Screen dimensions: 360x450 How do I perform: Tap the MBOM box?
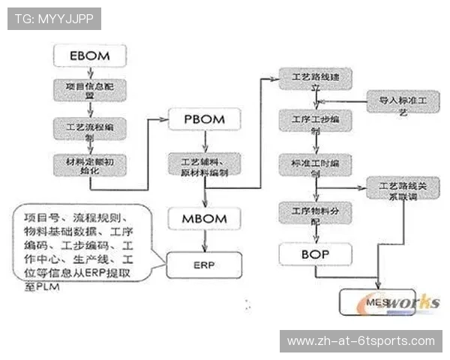coord(204,220)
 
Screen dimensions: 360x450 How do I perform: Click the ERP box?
coord(204,265)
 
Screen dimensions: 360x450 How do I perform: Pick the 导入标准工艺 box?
coord(400,103)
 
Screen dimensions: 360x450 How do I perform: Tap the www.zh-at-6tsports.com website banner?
coord(360,341)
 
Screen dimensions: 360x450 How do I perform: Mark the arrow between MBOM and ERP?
coord(204,242)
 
